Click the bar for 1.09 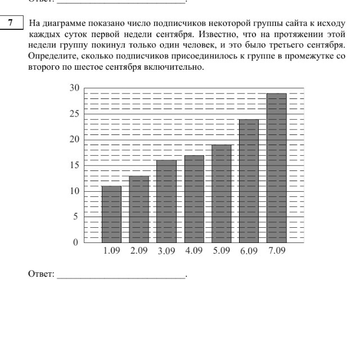tap(111, 214)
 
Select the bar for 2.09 tap(139, 209)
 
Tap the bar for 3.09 tap(166, 201)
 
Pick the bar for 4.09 tap(194, 199)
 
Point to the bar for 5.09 tap(222, 193)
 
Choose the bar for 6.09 tap(249, 180)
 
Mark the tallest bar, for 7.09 tap(277, 167)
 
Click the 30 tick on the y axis tap(74, 88)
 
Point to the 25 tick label tap(74, 114)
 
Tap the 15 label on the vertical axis tap(74, 165)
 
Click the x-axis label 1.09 tap(111, 251)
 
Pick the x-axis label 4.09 tap(194, 251)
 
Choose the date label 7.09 tap(277, 251)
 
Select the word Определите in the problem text tap(49, 57)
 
